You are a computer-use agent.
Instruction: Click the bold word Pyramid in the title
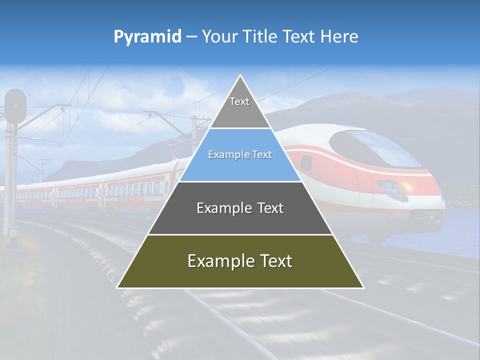coord(147,37)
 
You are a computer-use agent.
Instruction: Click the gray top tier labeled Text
coord(239,107)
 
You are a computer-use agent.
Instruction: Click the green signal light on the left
coord(15,106)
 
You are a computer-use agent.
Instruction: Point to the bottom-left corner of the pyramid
coord(118,287)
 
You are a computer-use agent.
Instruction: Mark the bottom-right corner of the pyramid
coord(363,287)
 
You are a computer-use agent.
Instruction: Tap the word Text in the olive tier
coord(272,261)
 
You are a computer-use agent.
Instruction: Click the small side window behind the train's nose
coord(306,162)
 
